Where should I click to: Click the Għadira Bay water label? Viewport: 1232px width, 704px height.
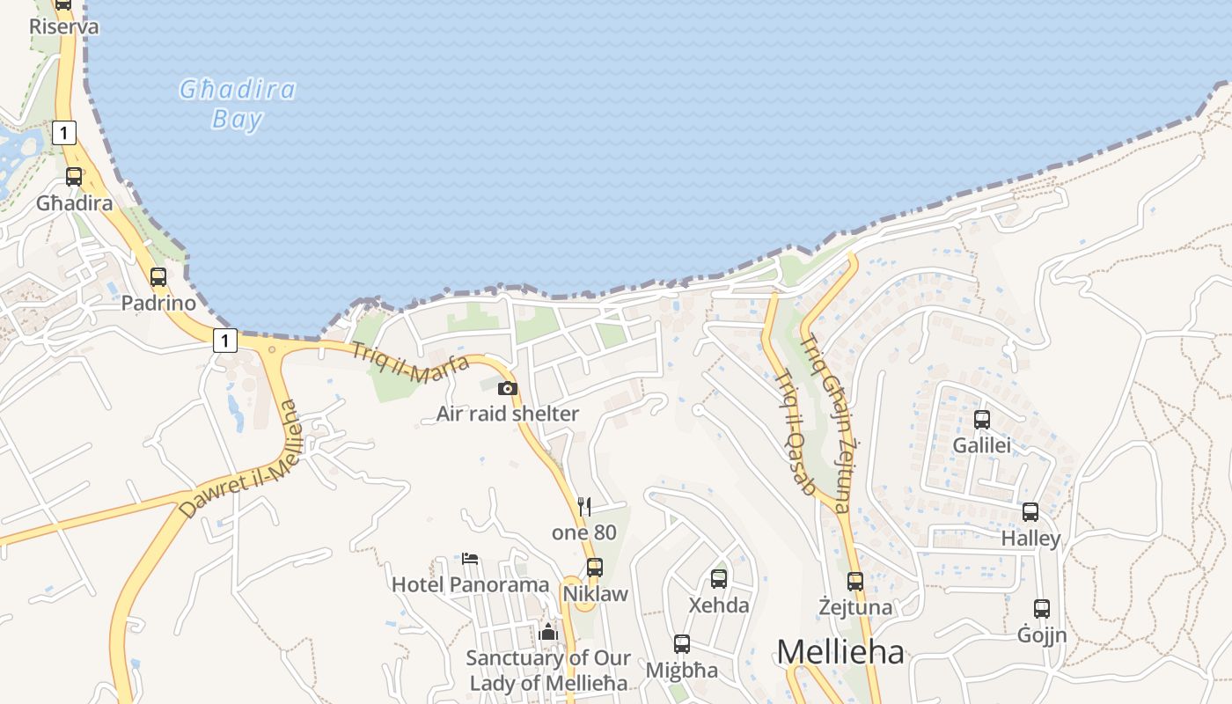tap(237, 104)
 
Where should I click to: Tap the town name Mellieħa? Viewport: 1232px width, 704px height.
tap(840, 652)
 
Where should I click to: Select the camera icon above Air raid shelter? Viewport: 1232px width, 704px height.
tap(508, 388)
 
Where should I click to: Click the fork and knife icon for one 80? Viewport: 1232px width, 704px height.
tap(583, 506)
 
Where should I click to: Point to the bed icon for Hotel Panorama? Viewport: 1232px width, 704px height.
tap(470, 559)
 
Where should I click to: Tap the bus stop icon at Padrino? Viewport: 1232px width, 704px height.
tap(158, 277)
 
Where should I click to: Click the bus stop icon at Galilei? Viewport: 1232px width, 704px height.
tap(982, 420)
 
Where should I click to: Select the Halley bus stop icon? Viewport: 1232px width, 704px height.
tap(1030, 512)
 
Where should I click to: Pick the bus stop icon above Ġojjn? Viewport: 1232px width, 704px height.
tap(1042, 609)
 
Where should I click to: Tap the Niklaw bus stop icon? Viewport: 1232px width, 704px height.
tap(595, 568)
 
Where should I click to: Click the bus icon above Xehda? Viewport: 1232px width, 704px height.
tap(719, 579)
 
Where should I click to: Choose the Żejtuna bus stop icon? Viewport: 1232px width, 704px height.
tap(855, 582)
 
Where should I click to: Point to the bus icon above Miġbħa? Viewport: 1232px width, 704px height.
tap(682, 644)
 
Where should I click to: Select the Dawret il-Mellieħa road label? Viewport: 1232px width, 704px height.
tap(239, 460)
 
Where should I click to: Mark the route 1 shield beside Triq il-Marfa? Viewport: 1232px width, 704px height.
tap(225, 341)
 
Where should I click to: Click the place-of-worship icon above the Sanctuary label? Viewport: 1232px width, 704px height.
tap(548, 632)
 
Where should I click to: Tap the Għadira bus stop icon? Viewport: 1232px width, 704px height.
tap(74, 177)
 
